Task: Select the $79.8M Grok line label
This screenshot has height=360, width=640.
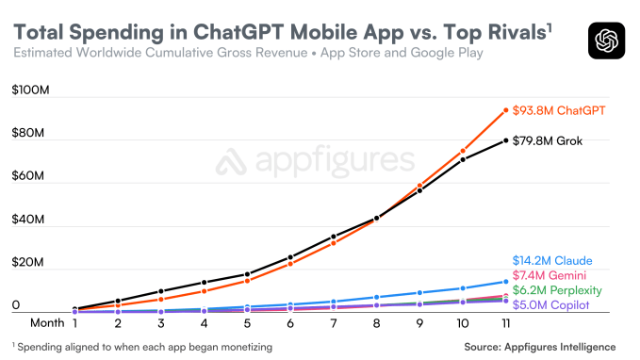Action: tap(553, 141)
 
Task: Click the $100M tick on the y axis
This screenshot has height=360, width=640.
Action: tap(31, 91)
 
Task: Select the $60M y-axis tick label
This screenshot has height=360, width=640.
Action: tap(29, 176)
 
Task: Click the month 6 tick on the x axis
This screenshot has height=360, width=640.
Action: tap(290, 322)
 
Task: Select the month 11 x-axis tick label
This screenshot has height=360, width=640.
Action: tap(505, 322)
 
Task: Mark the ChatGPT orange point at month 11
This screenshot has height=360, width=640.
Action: tap(505, 110)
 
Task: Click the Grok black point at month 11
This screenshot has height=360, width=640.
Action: tap(505, 140)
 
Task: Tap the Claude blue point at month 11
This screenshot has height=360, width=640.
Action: tap(505, 281)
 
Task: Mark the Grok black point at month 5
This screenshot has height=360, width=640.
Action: tap(247, 274)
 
